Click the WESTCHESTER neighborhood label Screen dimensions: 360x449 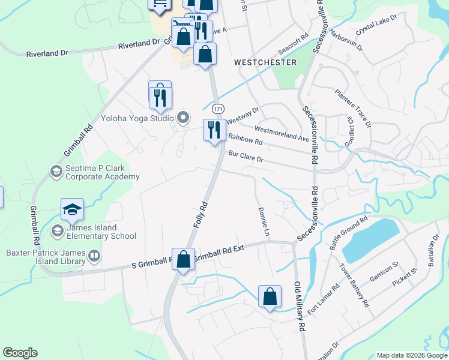click(x=265, y=62)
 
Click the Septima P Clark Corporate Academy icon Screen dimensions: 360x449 click(x=56, y=172)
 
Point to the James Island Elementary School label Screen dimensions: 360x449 click(x=101, y=232)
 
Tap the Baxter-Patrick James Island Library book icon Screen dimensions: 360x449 click(x=94, y=257)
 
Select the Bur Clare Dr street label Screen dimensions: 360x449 click(x=246, y=157)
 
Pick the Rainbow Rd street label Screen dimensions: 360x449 click(x=246, y=140)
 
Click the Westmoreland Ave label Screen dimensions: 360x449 click(x=282, y=133)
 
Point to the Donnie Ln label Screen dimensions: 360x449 click(x=262, y=221)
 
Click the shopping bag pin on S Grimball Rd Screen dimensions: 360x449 click(x=184, y=260)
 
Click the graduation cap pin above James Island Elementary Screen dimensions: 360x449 click(x=72, y=210)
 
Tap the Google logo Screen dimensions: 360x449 click(x=20, y=353)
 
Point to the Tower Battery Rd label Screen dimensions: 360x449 click(x=354, y=285)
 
